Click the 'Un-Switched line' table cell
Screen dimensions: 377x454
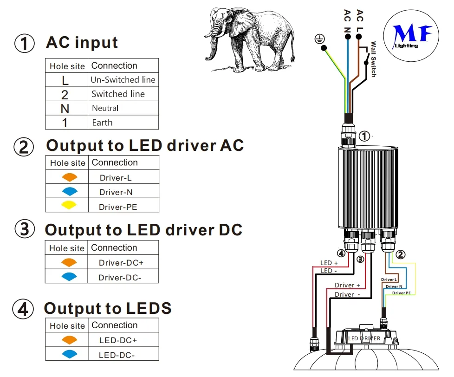[x=123, y=80]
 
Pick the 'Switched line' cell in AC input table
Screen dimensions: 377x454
[x=118, y=94]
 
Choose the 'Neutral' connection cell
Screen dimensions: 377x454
[x=105, y=109]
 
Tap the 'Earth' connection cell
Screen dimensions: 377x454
[x=102, y=123]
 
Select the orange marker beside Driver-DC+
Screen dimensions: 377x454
[x=68, y=262]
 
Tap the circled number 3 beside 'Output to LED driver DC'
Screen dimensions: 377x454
[x=25, y=230]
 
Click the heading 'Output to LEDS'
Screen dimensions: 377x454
[x=108, y=308]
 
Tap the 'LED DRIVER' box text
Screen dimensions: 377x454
[x=364, y=338]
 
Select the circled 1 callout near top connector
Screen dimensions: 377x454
[x=365, y=136]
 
